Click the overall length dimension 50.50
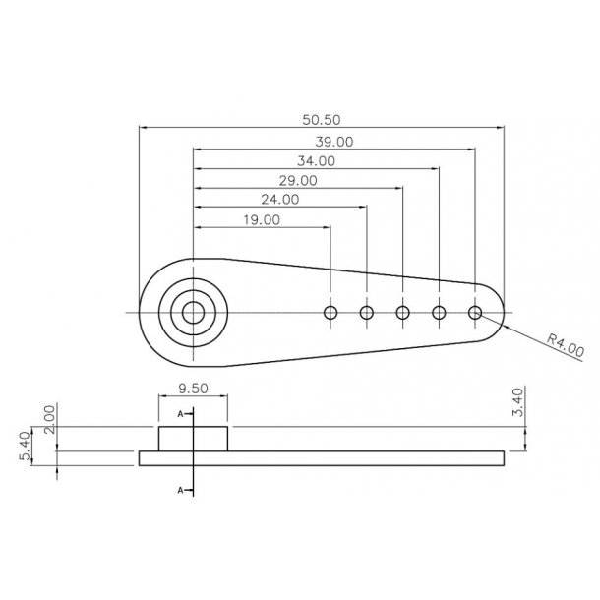coord(321,120)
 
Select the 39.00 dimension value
coord(334,142)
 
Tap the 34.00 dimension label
coord(315,160)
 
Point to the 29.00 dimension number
coord(297,180)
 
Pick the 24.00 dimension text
coord(279,199)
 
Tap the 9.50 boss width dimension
coord(193,389)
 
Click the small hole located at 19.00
coord(330,313)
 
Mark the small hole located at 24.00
coord(367,313)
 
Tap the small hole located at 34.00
coord(440,313)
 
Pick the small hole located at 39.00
coord(476,313)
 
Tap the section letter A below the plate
coord(180,488)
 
